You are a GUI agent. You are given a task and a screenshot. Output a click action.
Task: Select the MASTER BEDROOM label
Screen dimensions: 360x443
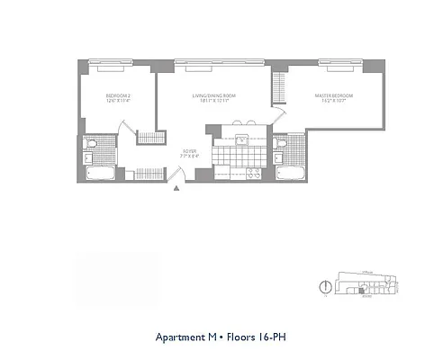tap(333, 97)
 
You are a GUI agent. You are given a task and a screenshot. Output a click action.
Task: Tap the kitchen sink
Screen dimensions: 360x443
tap(240, 139)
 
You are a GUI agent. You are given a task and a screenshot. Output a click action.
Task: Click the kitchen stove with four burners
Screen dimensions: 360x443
tap(254, 172)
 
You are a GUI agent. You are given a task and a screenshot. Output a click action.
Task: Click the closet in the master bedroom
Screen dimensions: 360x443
tap(279, 90)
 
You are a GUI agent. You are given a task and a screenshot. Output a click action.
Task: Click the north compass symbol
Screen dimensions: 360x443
tap(323, 287)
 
